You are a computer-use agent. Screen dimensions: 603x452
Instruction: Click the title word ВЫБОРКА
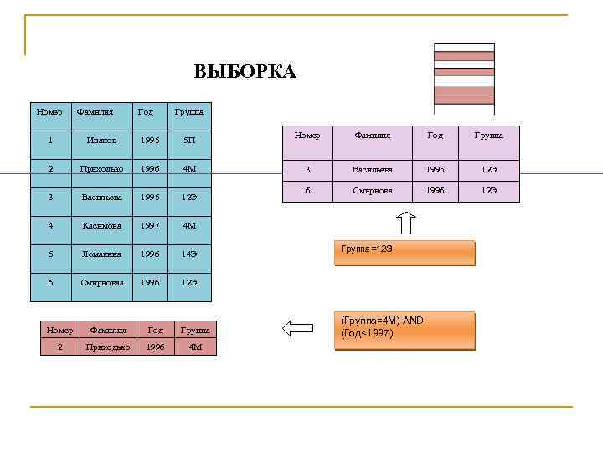(x=245, y=72)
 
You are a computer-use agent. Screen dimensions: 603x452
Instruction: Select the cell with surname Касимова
(x=101, y=225)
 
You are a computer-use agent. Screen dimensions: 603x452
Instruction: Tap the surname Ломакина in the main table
(x=101, y=254)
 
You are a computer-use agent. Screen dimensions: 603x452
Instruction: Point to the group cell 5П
(x=191, y=141)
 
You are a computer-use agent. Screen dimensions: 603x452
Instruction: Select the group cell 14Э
(x=189, y=254)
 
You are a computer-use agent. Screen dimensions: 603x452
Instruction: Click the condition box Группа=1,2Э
(x=404, y=253)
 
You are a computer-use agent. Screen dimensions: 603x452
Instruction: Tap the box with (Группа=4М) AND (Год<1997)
(x=404, y=331)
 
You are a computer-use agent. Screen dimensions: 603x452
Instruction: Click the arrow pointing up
(x=405, y=223)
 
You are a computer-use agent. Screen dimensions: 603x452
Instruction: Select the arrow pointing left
(x=297, y=327)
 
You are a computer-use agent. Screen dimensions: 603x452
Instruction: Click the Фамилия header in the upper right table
(x=373, y=135)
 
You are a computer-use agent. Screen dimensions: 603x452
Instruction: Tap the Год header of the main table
(x=146, y=111)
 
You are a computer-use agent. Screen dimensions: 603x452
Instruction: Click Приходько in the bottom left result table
(x=108, y=347)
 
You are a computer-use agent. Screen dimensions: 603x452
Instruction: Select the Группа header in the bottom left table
(x=195, y=330)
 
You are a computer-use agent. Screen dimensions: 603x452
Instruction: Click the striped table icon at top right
(x=464, y=78)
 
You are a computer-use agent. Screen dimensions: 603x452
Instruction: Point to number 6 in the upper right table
(x=307, y=191)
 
